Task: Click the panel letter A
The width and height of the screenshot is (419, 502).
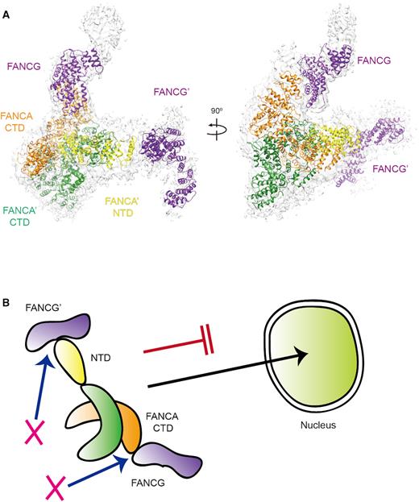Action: point(6,15)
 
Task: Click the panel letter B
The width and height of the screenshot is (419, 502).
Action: point(6,303)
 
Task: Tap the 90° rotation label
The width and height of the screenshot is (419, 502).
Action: point(217,111)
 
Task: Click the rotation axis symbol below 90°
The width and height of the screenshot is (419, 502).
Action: point(217,129)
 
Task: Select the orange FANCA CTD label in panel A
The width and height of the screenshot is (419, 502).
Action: point(17,122)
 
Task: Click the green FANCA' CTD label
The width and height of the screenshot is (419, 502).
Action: point(20,216)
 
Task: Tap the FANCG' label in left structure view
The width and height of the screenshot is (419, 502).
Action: point(172,92)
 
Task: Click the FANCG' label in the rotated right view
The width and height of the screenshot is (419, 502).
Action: point(389,168)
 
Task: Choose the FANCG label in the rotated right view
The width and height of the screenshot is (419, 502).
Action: point(374,60)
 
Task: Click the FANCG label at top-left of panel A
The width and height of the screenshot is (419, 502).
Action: point(24,67)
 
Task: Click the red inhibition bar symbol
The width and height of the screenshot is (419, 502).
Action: point(179,341)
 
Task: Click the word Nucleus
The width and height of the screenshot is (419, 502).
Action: point(318,425)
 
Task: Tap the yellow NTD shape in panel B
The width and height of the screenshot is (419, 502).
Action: point(71,362)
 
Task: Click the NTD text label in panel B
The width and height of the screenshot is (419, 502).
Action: point(101,358)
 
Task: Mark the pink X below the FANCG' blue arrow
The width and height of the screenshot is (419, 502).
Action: point(34,433)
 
